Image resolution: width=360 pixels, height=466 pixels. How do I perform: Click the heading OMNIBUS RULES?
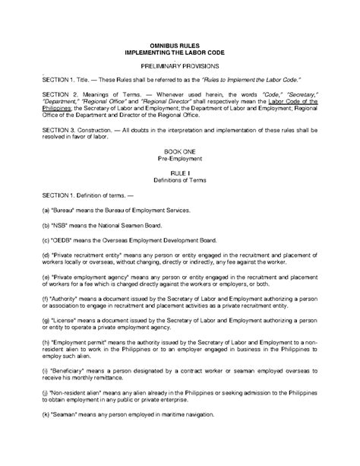click(x=179, y=48)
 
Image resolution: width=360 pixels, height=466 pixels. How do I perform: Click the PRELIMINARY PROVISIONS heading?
click(x=179, y=67)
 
